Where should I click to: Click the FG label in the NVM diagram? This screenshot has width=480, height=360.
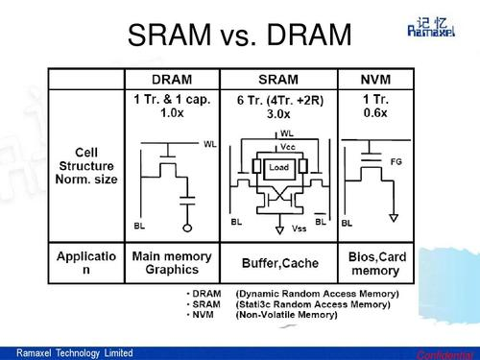[x=396, y=162]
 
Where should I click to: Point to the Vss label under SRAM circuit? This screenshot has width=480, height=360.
[x=299, y=229]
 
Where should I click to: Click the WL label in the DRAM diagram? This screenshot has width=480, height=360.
[x=210, y=144]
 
